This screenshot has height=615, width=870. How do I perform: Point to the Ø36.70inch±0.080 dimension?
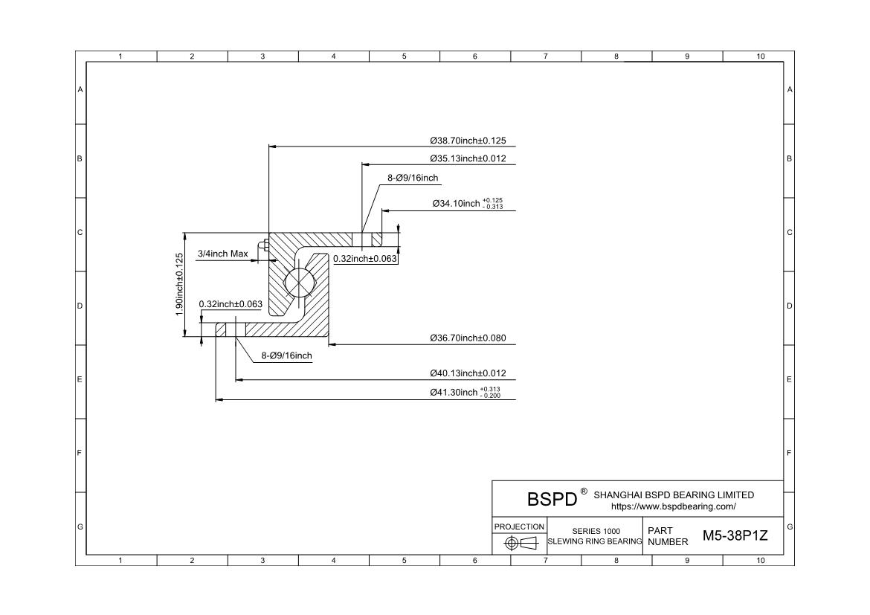(x=468, y=338)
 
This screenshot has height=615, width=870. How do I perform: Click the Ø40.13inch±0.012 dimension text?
(x=468, y=373)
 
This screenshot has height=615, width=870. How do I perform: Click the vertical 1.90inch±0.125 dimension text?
(x=179, y=284)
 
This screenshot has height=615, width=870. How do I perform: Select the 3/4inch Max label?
(x=222, y=254)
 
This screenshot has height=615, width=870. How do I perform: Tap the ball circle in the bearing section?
(x=300, y=283)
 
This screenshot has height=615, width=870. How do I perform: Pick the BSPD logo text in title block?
(x=552, y=499)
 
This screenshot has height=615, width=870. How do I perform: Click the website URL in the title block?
(x=673, y=506)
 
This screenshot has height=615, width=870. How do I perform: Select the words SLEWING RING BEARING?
(x=595, y=541)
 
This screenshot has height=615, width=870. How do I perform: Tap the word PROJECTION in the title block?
(x=520, y=527)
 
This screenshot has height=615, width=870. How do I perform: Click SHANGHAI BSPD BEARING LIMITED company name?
(x=674, y=495)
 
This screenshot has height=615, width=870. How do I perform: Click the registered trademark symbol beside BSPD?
(x=584, y=492)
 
